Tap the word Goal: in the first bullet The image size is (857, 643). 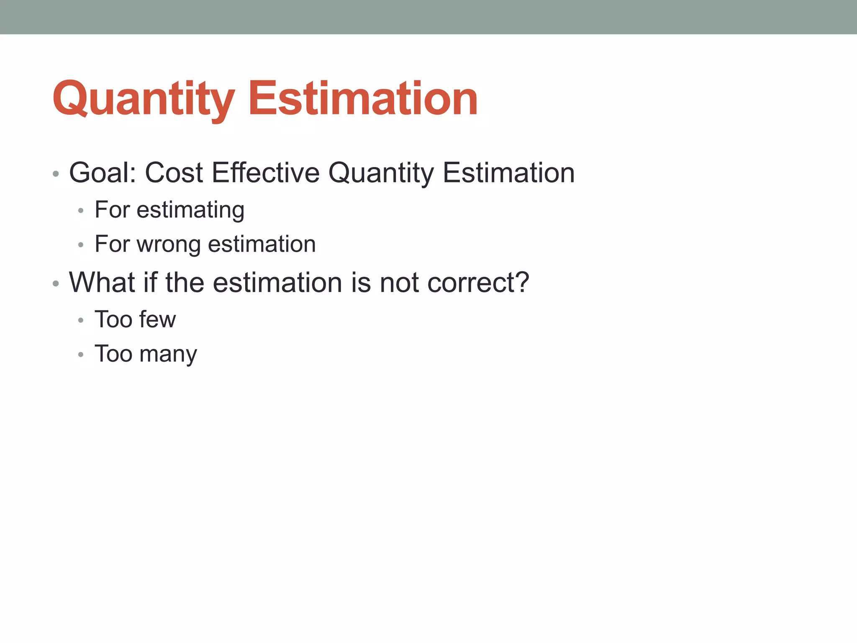pyautogui.click(x=103, y=172)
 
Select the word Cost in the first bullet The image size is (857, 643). pyautogui.click(x=174, y=172)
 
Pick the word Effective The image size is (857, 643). pyautogui.click(x=266, y=172)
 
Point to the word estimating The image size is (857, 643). pyautogui.click(x=190, y=210)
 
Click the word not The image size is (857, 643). pyautogui.click(x=399, y=283)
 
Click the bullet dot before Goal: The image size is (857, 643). pyautogui.click(x=56, y=174)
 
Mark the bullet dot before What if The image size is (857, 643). pyautogui.click(x=56, y=284)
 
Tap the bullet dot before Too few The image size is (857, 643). pyautogui.click(x=81, y=321)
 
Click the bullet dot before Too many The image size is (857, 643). pyautogui.click(x=81, y=355)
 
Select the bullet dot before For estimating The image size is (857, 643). pyautogui.click(x=81, y=211)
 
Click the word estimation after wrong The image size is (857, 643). pyautogui.click(x=262, y=244)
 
